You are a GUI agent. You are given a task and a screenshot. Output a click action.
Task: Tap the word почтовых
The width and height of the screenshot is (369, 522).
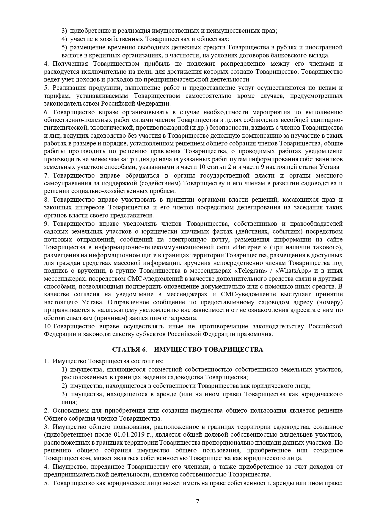(x=57, y=239)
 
